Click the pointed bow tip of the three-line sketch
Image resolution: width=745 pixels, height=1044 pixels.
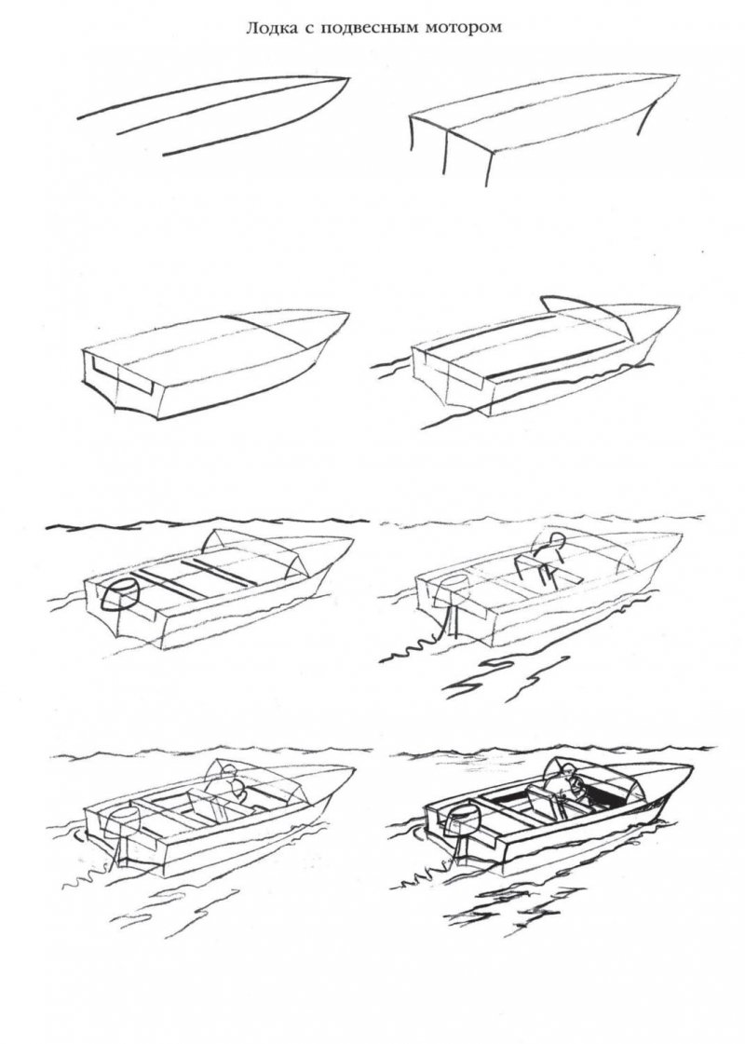[348, 78]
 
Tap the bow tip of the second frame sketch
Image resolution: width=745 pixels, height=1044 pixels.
[679, 75]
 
